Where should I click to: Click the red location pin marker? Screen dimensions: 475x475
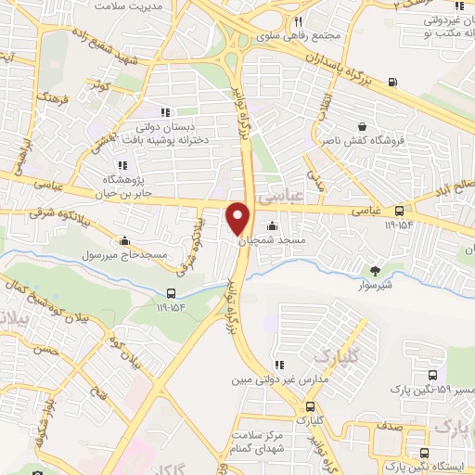click(x=239, y=218)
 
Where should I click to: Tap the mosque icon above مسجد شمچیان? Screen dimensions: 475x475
click(x=271, y=225)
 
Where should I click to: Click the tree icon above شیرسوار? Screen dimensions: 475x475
click(x=375, y=271)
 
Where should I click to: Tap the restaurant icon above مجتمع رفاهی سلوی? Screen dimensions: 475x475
click(x=297, y=21)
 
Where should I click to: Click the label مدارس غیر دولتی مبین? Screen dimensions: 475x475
click(x=275, y=380)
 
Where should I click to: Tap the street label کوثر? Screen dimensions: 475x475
click(x=100, y=86)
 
